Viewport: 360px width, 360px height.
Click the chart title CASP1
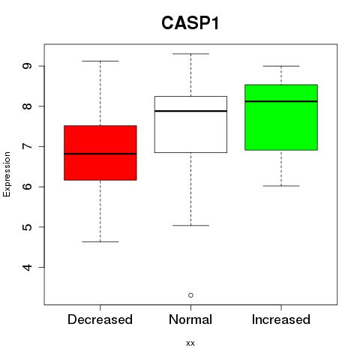(x=190, y=23)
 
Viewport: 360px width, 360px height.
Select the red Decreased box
(x=100, y=153)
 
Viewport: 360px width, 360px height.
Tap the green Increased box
(x=281, y=118)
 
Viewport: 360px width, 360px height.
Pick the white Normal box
(x=190, y=124)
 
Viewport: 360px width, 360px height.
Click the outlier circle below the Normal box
(x=190, y=295)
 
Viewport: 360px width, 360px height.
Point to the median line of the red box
(x=100, y=154)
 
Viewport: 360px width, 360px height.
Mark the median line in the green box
(x=281, y=101)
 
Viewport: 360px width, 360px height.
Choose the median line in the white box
(x=190, y=111)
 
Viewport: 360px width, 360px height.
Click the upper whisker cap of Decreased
(x=100, y=61)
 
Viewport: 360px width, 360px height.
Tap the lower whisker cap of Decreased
(x=100, y=241)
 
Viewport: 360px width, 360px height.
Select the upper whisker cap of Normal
(x=190, y=54)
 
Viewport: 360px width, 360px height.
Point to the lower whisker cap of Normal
(x=190, y=226)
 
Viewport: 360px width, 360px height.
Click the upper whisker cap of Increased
(x=281, y=66)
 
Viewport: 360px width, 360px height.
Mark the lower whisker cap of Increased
(x=281, y=186)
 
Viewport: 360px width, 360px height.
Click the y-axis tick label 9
(x=27, y=66)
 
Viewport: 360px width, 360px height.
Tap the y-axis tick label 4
(x=27, y=267)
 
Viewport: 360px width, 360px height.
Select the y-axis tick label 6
(x=27, y=187)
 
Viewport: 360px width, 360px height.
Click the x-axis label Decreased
(x=100, y=319)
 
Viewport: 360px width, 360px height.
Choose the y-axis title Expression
(x=7, y=174)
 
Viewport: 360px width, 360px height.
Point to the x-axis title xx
(x=190, y=343)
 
